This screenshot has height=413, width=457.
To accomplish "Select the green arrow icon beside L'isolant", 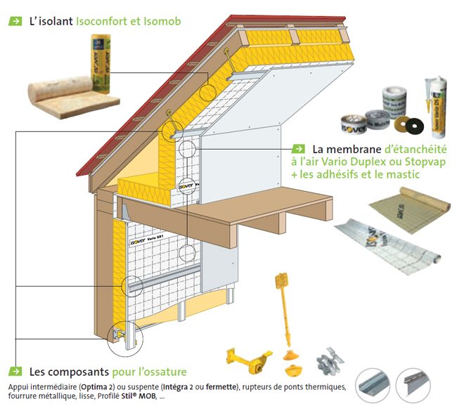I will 15,21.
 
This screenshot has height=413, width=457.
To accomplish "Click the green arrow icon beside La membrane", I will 297,149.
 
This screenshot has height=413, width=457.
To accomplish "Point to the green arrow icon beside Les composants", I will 15,371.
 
